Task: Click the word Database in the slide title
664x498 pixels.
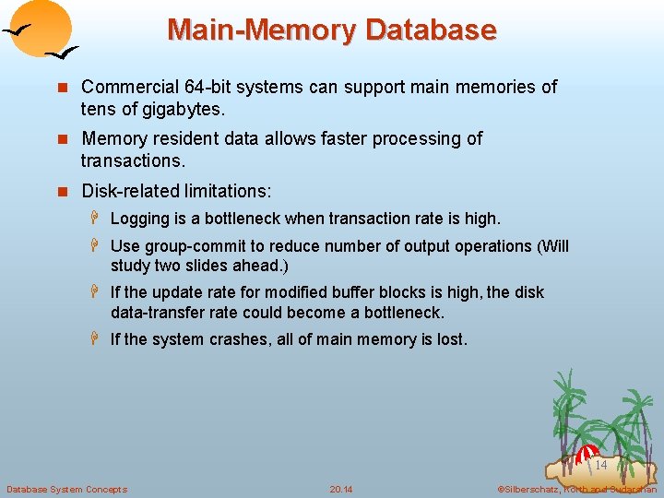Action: [x=431, y=30]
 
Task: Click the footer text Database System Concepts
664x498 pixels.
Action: [x=66, y=489]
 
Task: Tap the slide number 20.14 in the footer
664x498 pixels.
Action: [x=341, y=489]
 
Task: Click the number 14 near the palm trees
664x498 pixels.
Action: [x=600, y=466]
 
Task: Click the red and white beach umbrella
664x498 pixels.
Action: [x=587, y=454]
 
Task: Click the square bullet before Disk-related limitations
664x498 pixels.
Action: [x=63, y=192]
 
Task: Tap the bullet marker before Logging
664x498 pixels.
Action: [x=95, y=219]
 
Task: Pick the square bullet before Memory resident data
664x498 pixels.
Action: [x=63, y=139]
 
